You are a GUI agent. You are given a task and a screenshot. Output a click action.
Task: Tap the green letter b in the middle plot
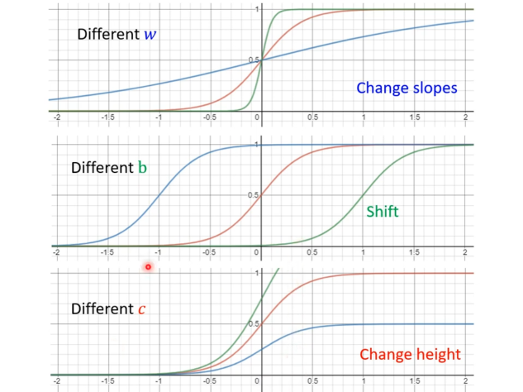[x=142, y=167]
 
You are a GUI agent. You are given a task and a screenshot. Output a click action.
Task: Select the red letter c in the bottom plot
[x=141, y=309]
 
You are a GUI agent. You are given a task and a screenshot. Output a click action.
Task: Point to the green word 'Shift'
[x=382, y=212]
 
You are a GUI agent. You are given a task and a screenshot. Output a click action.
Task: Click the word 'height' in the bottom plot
[x=435, y=355]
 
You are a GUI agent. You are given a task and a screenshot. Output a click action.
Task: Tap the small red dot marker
[x=148, y=266]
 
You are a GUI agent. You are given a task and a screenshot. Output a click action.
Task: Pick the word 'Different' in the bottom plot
[x=102, y=309]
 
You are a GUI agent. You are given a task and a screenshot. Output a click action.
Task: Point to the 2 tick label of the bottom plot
[x=467, y=382]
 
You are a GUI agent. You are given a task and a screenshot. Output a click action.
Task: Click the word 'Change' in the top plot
[x=381, y=88]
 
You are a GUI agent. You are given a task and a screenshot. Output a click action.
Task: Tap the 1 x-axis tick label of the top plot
[x=364, y=117]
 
